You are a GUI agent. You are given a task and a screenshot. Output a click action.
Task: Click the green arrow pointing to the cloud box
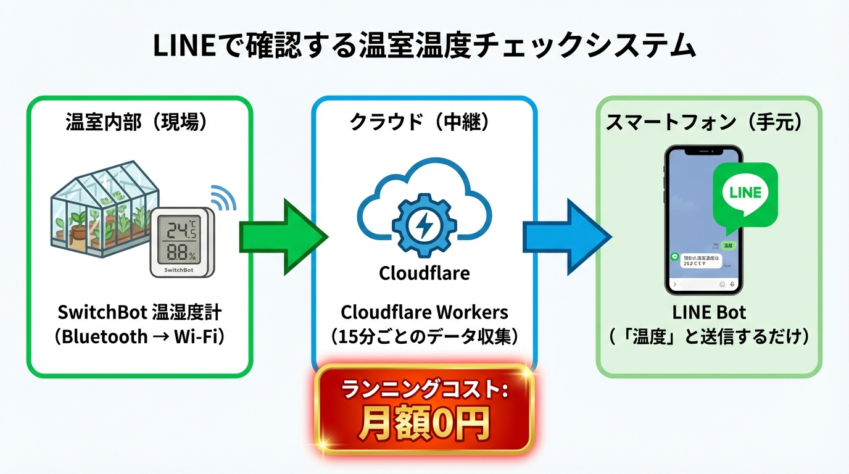(x=281, y=236)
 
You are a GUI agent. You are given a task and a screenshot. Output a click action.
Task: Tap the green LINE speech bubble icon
(x=745, y=193)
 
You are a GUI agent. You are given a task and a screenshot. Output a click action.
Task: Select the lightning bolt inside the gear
(x=424, y=227)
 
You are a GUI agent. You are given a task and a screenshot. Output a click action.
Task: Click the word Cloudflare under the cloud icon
(x=424, y=273)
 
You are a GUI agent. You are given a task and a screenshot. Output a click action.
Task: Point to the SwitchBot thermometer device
(x=182, y=241)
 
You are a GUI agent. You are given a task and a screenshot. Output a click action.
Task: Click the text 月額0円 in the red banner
(x=424, y=423)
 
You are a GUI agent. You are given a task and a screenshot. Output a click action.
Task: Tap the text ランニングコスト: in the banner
(x=424, y=390)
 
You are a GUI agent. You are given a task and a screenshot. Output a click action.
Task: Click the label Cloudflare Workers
(x=424, y=311)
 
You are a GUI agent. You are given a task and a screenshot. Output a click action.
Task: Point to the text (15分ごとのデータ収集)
(x=424, y=337)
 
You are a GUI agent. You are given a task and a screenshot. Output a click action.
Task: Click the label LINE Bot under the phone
(x=709, y=311)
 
